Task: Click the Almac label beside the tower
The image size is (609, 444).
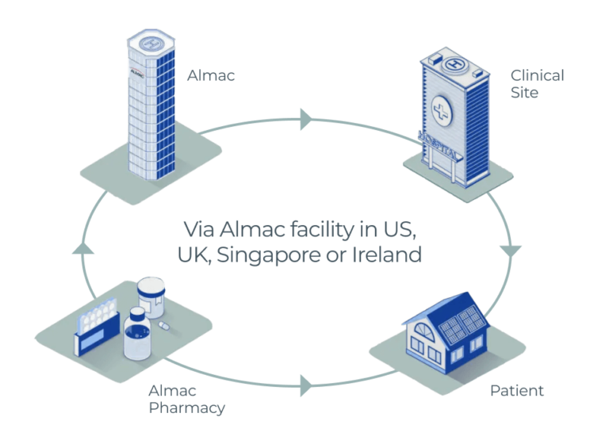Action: [211, 75]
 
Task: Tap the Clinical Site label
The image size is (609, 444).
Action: [537, 84]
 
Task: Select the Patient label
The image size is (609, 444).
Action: [516, 390]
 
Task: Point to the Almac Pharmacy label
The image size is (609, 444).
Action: [187, 400]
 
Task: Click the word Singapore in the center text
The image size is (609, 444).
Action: [269, 255]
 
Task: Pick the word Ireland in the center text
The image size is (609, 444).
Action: [387, 255]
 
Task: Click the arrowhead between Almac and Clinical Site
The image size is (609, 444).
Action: [305, 119]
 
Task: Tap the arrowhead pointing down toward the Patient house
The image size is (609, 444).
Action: [511, 251]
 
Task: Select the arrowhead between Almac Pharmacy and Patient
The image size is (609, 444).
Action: [305, 386]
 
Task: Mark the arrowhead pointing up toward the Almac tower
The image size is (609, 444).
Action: [82, 249]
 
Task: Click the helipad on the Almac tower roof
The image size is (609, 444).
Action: [151, 43]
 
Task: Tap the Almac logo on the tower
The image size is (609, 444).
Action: [137, 72]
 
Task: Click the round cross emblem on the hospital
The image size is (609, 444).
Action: [441, 111]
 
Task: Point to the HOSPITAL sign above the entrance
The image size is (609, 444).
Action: [439, 146]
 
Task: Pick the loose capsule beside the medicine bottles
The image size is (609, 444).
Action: [164, 326]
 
